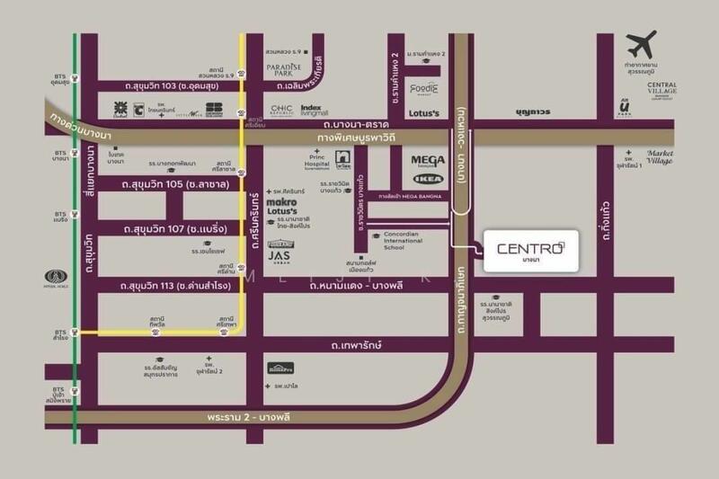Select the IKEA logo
tap(427, 179)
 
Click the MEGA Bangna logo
tap(428, 162)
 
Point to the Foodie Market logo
tap(423, 89)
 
